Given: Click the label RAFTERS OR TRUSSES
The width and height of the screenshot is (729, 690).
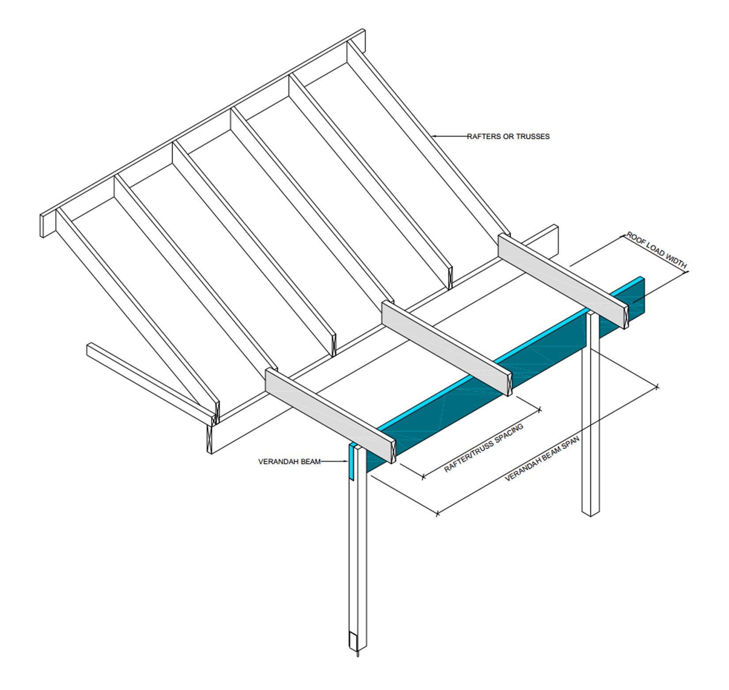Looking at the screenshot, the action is pos(508,137).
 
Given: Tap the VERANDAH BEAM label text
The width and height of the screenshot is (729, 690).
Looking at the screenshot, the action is pos(289,462).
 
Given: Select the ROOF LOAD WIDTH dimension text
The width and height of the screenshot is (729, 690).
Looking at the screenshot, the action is pos(657,250).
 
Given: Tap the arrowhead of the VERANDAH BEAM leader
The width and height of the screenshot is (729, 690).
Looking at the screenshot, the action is pos(346,462).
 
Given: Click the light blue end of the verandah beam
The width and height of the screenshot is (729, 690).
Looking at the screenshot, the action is pos(352,462).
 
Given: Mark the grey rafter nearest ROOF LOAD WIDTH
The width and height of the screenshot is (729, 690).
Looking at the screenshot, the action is pos(563,281).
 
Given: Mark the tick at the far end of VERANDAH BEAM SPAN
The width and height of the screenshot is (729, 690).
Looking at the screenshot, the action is pos(657,387).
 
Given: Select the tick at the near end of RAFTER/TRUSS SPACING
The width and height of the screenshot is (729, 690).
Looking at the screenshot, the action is pos(423,477).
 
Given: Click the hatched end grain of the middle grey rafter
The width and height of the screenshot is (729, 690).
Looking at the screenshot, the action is pos(508,383).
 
